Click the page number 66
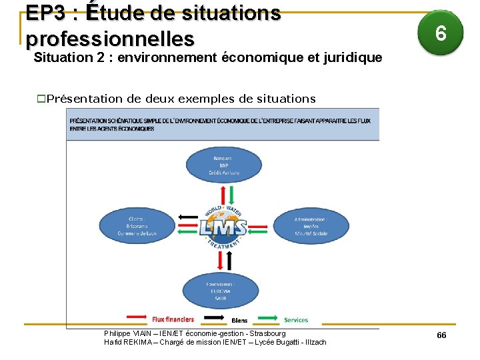[x=441, y=335]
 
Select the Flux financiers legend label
[x=173, y=319]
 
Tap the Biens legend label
[x=239, y=321]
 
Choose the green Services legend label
[x=296, y=320]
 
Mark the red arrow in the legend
[x=137, y=316]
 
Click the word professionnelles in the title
[x=111, y=37]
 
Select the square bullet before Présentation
[x=41, y=99]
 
